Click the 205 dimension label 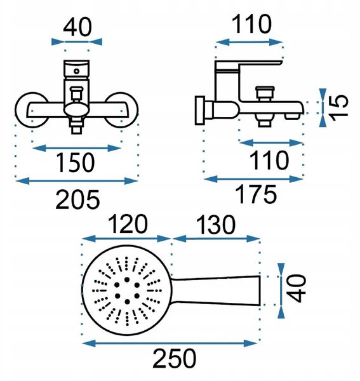click(77, 199)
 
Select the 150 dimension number click(75, 162)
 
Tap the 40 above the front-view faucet click(77, 27)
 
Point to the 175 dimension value click(256, 194)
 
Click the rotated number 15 click(340, 108)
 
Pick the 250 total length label click(175, 359)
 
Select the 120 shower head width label click(128, 224)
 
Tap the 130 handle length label click(216, 225)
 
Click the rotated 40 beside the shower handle click(296, 288)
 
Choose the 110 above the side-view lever click(251, 24)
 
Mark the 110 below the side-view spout click(269, 160)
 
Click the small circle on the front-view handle click(77, 71)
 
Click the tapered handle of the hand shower click(216, 291)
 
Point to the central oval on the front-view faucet click(76, 109)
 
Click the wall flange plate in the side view click(200, 110)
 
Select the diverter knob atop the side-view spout click(265, 93)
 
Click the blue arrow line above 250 click(170, 344)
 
